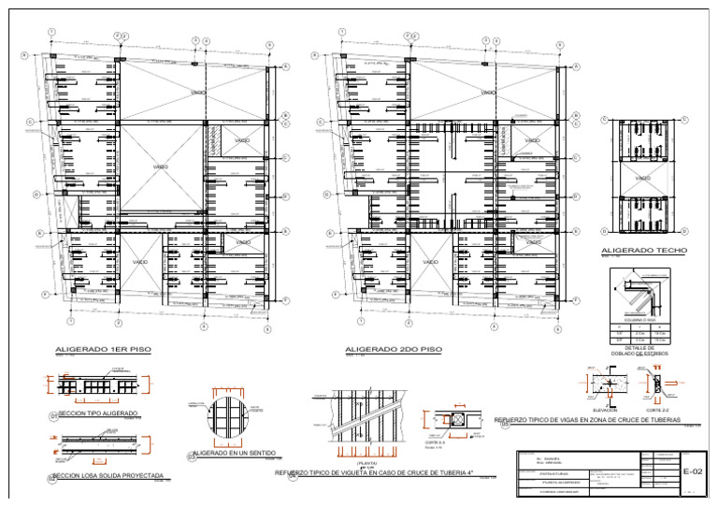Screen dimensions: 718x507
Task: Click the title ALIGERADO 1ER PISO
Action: tap(103, 349)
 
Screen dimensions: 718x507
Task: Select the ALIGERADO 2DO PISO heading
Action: tap(393, 349)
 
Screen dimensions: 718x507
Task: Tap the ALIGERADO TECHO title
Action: tap(645, 251)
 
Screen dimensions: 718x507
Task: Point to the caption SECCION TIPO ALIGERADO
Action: tap(98, 413)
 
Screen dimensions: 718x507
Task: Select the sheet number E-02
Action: tap(692, 471)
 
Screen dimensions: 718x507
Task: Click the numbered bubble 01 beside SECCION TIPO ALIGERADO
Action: tap(52, 414)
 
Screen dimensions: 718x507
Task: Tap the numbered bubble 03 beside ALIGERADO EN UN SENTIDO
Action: tap(191, 456)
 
